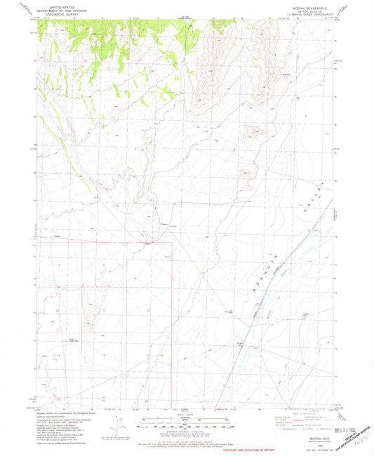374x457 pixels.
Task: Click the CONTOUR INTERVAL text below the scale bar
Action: (187, 430)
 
